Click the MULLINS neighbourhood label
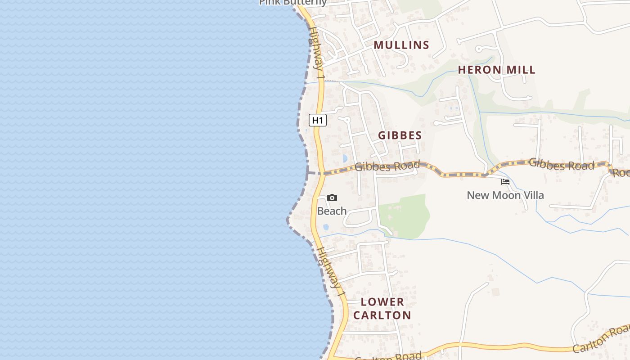click(401, 45)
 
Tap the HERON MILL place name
click(497, 70)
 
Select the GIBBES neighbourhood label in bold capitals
click(400, 135)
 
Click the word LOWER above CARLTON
click(382, 302)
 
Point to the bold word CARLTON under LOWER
click(382, 315)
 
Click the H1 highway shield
click(317, 120)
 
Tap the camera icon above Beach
click(332, 198)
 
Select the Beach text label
click(332, 211)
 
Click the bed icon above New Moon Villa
click(505, 182)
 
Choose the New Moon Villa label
click(505, 195)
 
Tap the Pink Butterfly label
click(292, 3)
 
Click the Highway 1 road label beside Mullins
click(316, 53)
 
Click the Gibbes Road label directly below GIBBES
click(387, 166)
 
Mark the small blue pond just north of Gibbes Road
click(345, 158)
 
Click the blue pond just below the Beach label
click(326, 227)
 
